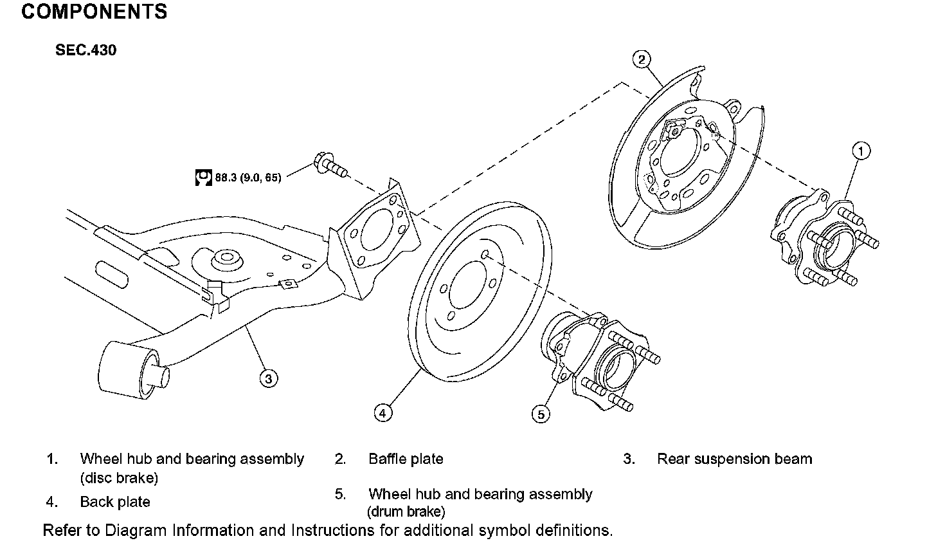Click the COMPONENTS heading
pos(94,12)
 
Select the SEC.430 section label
pos(85,50)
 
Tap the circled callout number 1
pos(861,151)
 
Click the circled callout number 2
pos(641,60)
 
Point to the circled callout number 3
pos(269,378)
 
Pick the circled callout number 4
pos(382,413)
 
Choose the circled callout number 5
pos(541,414)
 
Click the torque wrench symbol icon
pos(203,177)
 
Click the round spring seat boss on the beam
pos(226,260)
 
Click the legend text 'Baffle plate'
pos(406,459)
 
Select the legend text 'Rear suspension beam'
pos(734,459)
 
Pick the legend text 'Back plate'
pos(115,502)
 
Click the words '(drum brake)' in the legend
pos(406,512)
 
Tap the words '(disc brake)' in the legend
pos(119,478)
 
